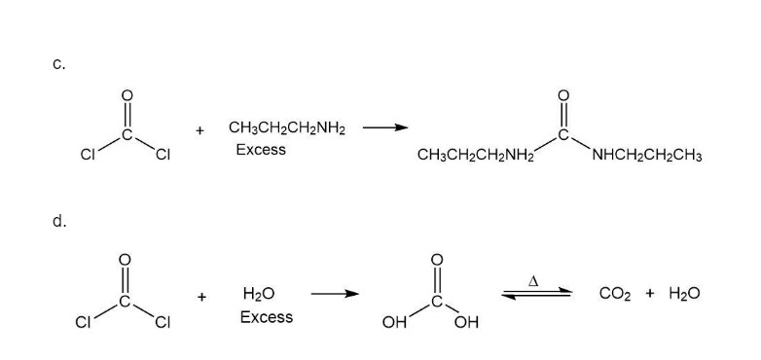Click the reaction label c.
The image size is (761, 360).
58,64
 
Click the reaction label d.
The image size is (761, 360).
58,222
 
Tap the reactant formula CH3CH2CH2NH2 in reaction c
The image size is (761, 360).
287,129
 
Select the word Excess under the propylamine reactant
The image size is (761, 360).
261,150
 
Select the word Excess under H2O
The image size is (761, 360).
267,317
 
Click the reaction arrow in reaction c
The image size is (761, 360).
385,127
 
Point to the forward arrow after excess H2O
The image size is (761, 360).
335,294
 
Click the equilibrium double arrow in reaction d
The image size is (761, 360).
537,293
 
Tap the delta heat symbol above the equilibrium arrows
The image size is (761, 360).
533,280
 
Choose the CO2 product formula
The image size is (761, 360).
615,294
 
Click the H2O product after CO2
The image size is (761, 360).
684,294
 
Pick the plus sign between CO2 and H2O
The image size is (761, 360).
650,293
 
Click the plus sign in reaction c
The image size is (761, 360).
199,130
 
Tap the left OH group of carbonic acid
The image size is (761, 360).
393,323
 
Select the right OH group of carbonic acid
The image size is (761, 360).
466,323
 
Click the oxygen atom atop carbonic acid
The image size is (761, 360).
437,260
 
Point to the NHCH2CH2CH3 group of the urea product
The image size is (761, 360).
646,156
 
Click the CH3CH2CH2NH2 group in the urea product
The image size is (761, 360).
476,156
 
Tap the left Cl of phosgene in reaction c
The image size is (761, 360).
88,155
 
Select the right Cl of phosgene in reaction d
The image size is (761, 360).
163,323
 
